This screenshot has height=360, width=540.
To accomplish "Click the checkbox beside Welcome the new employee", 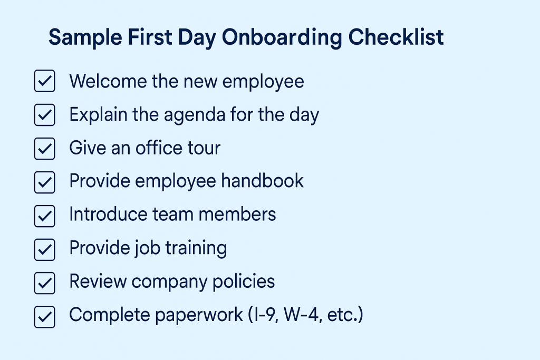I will [x=44, y=82].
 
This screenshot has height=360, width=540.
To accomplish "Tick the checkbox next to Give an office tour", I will [x=44, y=149].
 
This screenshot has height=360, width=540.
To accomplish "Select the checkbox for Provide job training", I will [x=44, y=249].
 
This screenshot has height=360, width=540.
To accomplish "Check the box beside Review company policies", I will [x=44, y=283].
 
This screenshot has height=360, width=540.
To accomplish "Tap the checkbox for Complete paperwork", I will [x=44, y=316].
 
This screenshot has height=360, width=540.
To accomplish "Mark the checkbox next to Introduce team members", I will [x=44, y=216].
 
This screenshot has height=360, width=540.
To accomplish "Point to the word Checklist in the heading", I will [x=396, y=38].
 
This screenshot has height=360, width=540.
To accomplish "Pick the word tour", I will [x=201, y=148].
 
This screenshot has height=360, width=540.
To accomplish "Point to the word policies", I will [x=244, y=282].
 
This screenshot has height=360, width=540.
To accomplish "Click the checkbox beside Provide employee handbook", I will [x=44, y=182].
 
